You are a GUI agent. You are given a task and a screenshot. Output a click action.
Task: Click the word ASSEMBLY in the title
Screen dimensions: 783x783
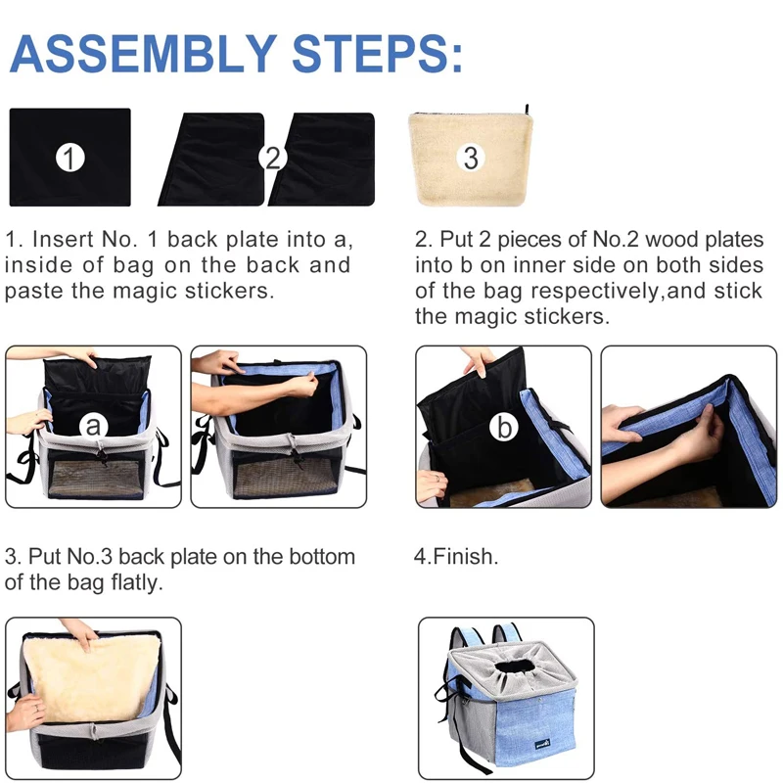coord(144,54)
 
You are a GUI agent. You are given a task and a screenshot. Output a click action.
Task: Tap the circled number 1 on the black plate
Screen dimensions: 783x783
coord(69,159)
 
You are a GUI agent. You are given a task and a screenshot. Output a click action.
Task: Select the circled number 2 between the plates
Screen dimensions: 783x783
coord(273,159)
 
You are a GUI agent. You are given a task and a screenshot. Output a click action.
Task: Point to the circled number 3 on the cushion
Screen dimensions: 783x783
coord(471,158)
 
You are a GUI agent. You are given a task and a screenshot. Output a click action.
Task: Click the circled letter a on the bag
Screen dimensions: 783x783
coord(93,426)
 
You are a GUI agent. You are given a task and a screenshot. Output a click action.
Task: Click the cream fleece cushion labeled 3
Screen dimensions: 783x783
coord(471,159)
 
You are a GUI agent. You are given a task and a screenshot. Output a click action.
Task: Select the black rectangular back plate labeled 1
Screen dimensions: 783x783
coord(69,158)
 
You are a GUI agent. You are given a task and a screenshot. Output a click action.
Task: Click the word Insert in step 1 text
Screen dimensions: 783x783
coord(64,239)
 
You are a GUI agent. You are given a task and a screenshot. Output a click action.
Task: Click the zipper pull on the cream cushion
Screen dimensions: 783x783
coord(527,110)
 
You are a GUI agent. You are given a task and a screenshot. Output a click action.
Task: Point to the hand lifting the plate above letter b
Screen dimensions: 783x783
coord(480,360)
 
